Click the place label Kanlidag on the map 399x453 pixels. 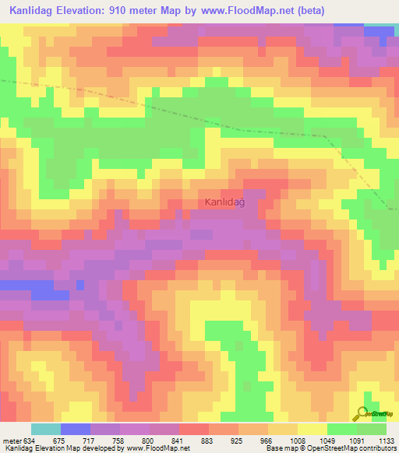point(225,202)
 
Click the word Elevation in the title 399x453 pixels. point(90,11)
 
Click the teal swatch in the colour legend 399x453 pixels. point(45,429)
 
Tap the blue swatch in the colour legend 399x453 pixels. point(75,429)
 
